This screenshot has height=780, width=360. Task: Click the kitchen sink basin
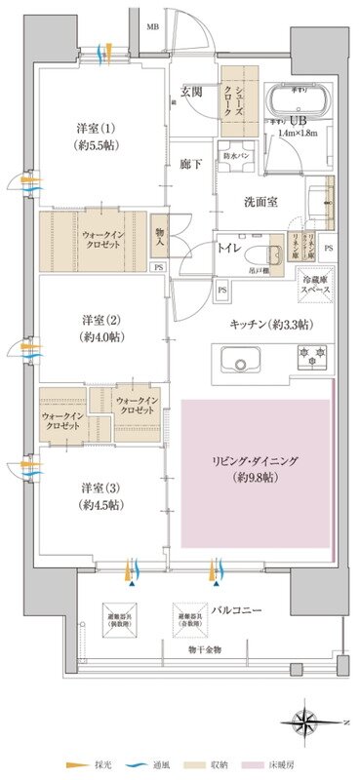(238, 362)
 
